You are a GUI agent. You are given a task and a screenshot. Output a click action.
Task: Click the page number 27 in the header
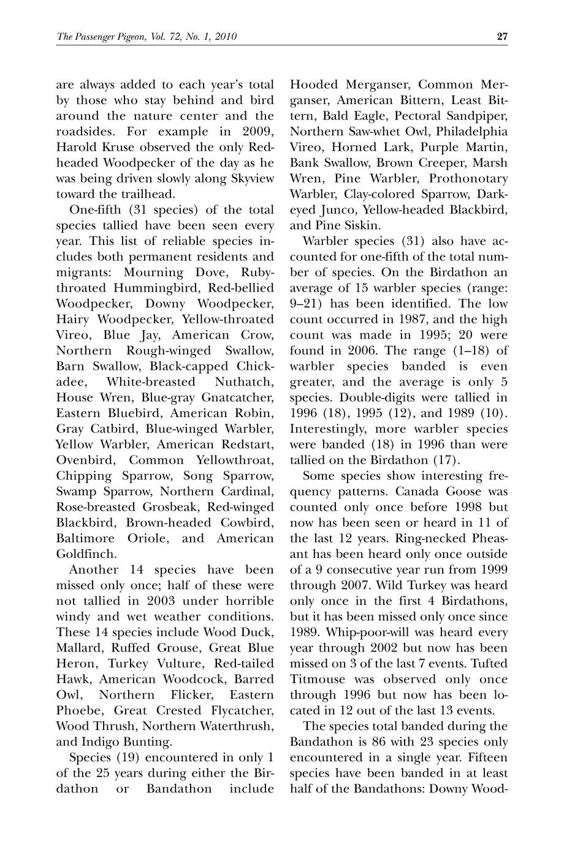tap(502, 37)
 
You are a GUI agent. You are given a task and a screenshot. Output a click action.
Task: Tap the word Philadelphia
tap(472, 132)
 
